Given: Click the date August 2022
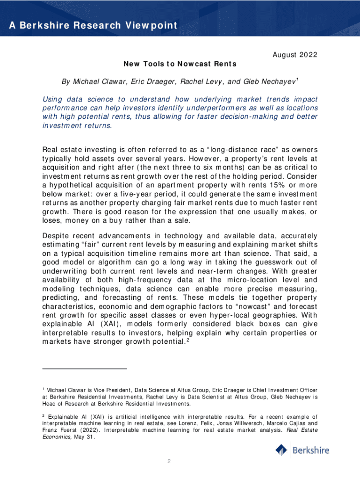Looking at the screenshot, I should pyautogui.click(x=295, y=55).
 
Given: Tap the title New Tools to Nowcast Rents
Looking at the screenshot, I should pyautogui.click(x=180, y=64).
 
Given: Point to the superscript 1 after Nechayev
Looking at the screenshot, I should pyautogui.click(x=298, y=80).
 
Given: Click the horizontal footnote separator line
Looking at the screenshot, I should pyautogui.click(x=85, y=369).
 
